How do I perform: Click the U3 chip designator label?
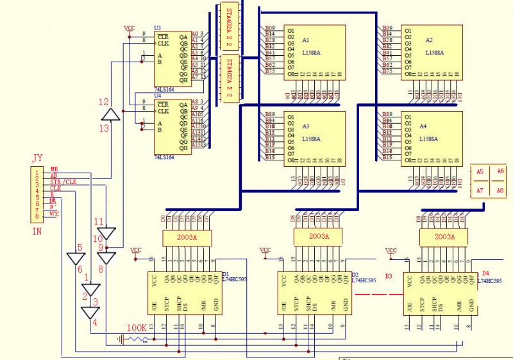click(x=158, y=28)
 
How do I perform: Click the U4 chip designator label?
click(x=158, y=96)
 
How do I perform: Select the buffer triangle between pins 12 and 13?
click(x=112, y=114)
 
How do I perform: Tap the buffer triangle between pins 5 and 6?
click(x=76, y=259)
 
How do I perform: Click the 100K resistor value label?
click(x=137, y=328)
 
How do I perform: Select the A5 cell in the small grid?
click(x=480, y=171)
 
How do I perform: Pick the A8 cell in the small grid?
click(x=501, y=191)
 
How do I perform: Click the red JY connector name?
click(x=38, y=158)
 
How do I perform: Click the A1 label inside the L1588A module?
click(x=306, y=40)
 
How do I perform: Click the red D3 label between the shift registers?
click(x=388, y=277)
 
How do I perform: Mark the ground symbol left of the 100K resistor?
click(x=120, y=339)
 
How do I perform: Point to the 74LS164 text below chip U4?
click(x=165, y=157)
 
